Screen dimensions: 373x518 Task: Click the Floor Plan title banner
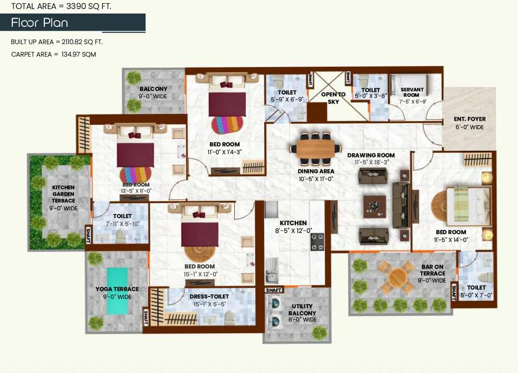click(73, 23)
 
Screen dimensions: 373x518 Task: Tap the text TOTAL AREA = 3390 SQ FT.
click(61, 6)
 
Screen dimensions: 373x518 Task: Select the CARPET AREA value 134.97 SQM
click(78, 55)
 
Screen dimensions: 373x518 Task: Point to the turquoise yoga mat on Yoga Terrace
click(117, 290)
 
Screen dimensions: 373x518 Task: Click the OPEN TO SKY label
click(333, 98)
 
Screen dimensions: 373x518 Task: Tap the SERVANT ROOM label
click(412, 92)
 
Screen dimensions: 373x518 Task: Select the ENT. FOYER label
click(470, 119)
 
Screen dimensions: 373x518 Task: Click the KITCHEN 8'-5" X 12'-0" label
click(293, 227)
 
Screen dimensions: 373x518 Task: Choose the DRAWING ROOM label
click(371, 155)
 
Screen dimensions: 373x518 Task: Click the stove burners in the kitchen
click(317, 242)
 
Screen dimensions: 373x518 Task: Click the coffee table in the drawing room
click(374, 206)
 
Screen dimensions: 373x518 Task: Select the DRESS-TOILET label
click(209, 297)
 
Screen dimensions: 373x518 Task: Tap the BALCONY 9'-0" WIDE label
click(153, 92)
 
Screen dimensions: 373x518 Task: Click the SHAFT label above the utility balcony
click(273, 290)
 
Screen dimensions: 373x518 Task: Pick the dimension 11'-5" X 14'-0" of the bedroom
click(451, 240)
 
